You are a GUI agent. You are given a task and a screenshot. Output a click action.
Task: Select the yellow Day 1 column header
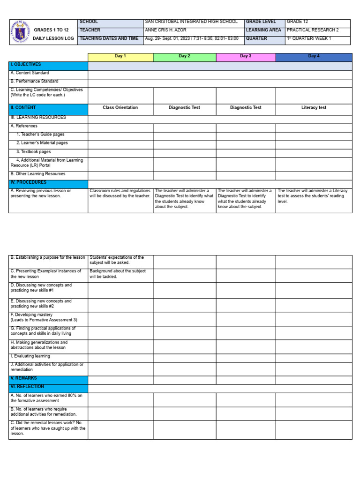point(120,56)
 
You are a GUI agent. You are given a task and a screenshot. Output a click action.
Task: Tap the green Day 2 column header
point(184,56)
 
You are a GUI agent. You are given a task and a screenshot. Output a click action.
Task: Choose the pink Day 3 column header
point(246,56)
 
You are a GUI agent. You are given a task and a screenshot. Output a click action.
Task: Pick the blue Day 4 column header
point(314,56)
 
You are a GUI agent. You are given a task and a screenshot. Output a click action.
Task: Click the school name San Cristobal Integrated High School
point(191,22)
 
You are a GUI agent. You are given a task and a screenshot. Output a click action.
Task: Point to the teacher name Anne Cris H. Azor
point(166,30)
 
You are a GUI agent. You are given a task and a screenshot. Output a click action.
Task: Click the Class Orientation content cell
point(120,108)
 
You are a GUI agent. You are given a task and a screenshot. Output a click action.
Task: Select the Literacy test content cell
point(314,108)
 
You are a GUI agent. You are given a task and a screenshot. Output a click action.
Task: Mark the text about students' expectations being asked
point(117,260)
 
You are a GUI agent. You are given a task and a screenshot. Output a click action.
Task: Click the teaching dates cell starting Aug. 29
point(192,39)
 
